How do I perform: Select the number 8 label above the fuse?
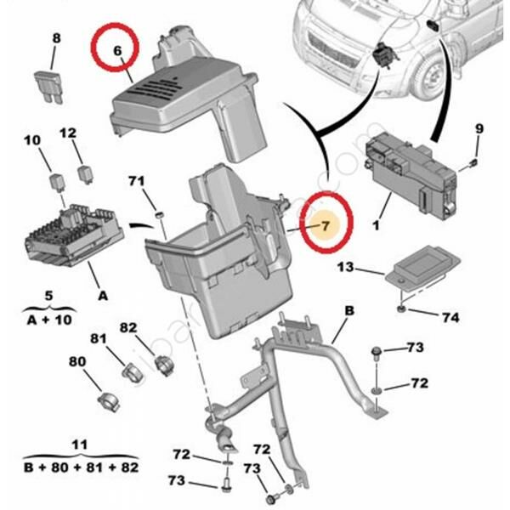[57, 37]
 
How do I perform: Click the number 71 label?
[137, 181]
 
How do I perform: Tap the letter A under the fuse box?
[103, 296]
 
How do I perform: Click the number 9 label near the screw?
[479, 128]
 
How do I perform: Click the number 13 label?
[343, 268]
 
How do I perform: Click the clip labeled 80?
[107, 399]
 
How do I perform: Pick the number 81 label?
[99, 339]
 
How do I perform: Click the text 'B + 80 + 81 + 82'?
[81, 467]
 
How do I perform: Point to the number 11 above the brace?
[80, 445]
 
